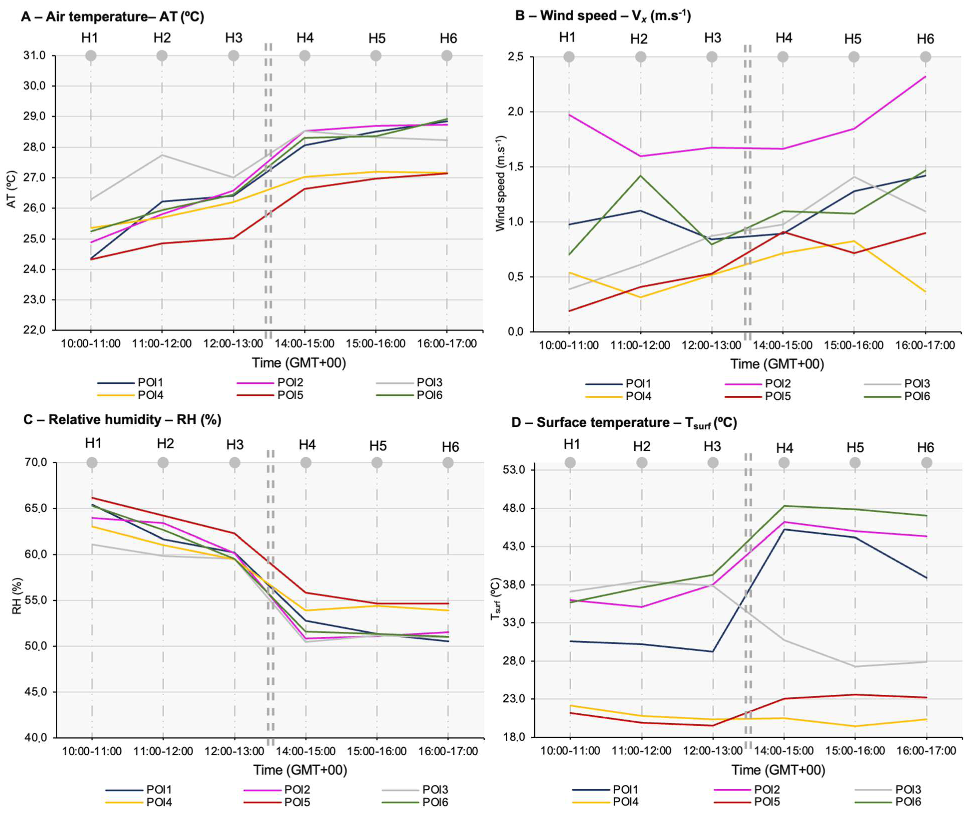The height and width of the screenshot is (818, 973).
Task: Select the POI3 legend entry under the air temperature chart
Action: (x=429, y=383)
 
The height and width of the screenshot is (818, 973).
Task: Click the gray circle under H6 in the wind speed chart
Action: (x=925, y=57)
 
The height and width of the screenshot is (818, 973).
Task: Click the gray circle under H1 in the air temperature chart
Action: (x=91, y=56)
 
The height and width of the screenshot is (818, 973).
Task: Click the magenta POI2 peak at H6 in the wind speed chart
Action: (x=925, y=76)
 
